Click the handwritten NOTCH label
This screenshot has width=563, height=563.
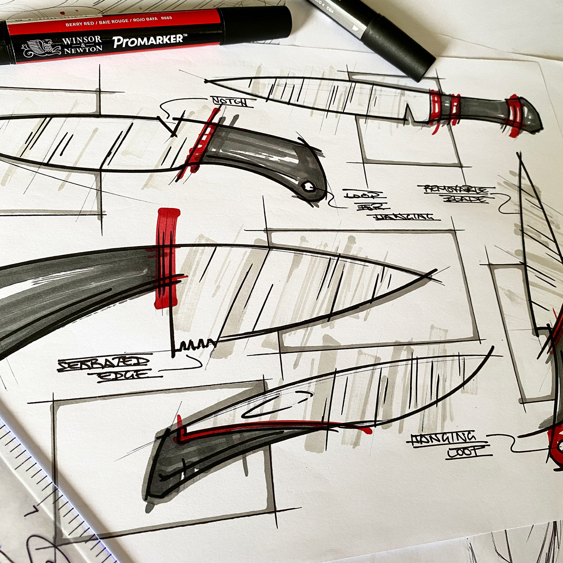[x=233, y=101]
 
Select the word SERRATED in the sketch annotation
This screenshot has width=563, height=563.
[x=103, y=364]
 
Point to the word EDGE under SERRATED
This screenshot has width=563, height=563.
[x=125, y=376]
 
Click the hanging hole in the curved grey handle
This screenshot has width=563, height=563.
[x=308, y=186]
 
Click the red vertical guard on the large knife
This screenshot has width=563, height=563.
[x=166, y=257]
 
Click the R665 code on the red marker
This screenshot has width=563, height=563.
[x=166, y=18]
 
